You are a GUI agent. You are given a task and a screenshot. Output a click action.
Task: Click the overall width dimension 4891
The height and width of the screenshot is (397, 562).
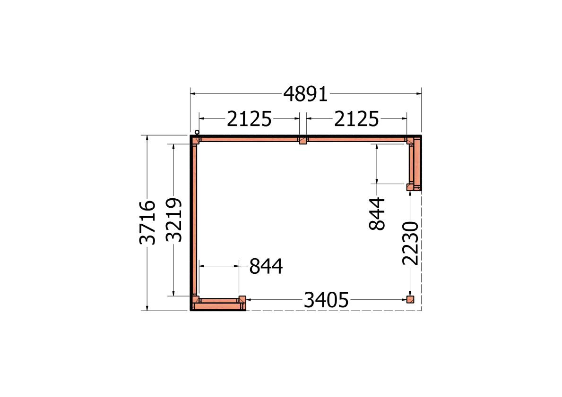click(x=305, y=94)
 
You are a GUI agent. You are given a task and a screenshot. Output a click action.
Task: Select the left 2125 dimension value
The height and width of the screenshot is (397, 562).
click(x=249, y=119)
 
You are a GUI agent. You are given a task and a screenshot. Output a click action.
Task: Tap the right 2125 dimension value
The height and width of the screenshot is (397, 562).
click(x=356, y=119)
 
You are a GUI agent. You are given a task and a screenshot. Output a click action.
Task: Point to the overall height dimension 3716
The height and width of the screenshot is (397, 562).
click(x=147, y=223)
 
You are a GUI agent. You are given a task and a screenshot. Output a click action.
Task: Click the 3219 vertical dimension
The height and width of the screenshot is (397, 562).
click(x=174, y=220)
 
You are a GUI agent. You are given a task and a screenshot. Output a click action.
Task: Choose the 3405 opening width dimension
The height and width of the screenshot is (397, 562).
click(x=326, y=300)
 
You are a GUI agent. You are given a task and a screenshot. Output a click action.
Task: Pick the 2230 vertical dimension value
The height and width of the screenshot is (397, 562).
click(x=410, y=243)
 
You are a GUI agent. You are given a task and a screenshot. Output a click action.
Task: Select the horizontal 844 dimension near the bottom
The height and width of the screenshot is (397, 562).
click(x=266, y=266)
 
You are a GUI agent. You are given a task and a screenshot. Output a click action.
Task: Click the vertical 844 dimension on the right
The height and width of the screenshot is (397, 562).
click(x=377, y=214)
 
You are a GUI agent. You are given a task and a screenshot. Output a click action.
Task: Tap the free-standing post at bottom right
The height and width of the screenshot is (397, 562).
click(x=410, y=300)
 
